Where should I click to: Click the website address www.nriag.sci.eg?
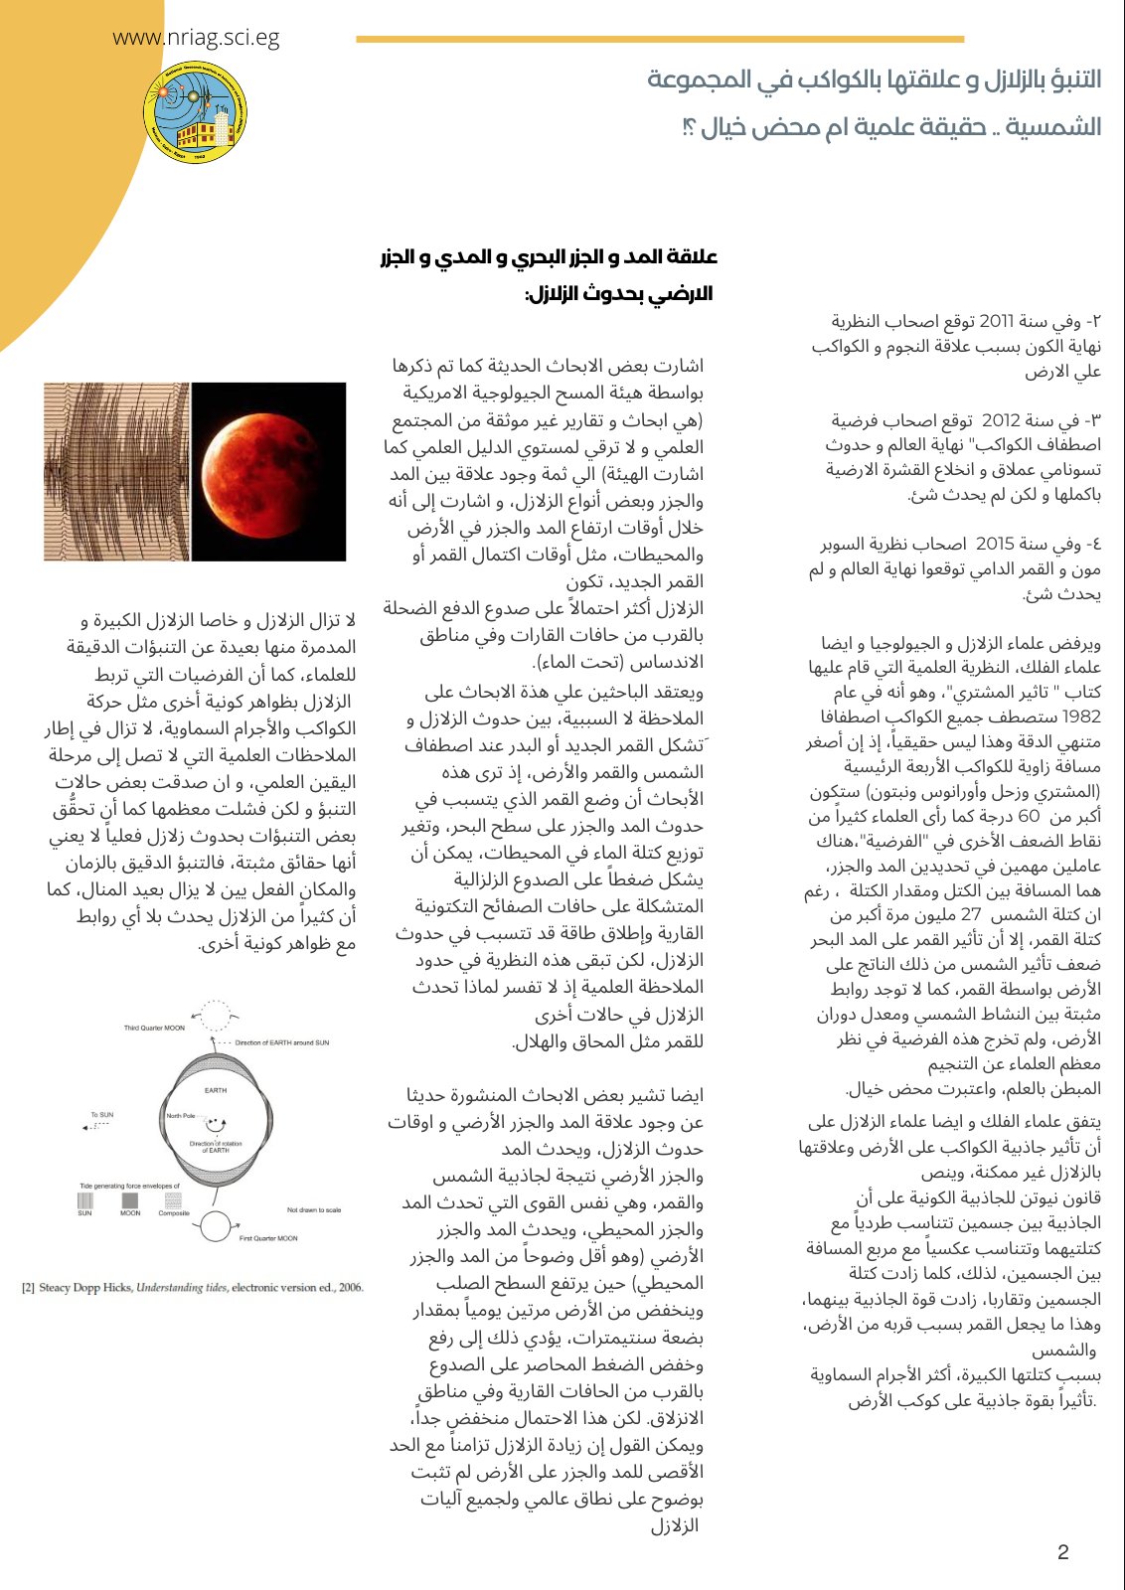(196, 39)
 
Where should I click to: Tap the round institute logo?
(195, 120)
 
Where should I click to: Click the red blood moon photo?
(268, 471)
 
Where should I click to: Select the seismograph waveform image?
(116, 471)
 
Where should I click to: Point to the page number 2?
(1062, 1553)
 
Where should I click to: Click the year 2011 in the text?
(996, 322)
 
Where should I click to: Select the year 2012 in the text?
(1001, 420)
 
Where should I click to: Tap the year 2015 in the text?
(995, 544)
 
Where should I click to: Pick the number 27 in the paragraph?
(970, 914)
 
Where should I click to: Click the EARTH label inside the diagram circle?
(216, 1090)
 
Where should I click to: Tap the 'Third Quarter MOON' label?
(154, 1028)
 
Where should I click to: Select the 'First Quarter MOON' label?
(268, 1238)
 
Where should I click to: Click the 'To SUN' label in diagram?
(102, 1115)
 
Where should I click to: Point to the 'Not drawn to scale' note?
(313, 1209)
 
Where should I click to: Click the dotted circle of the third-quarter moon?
(214, 1016)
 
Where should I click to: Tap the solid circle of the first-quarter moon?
(216, 1228)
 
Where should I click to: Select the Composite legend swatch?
(173, 1200)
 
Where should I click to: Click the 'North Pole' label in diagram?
(182, 1116)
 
